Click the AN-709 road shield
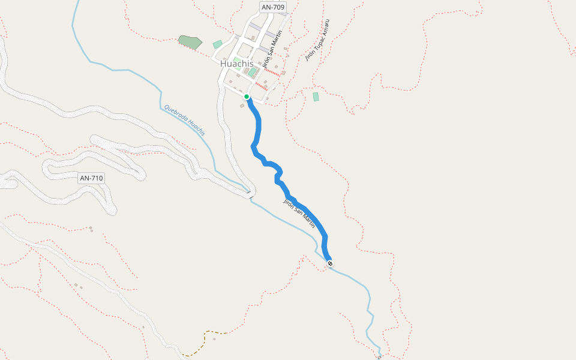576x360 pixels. (x=273, y=7)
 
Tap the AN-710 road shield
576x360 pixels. (x=92, y=178)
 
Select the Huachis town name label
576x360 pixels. (x=238, y=63)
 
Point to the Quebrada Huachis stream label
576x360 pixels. (x=184, y=120)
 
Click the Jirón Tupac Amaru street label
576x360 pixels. (x=317, y=40)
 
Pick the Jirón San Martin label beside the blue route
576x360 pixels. (x=299, y=213)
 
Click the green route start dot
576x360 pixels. (x=247, y=97)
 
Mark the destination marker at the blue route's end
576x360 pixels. (x=329, y=263)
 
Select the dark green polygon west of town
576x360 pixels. (x=190, y=41)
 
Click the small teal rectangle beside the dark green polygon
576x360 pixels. (x=217, y=44)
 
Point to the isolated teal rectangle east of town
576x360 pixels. (x=316, y=97)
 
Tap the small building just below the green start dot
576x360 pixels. (x=242, y=106)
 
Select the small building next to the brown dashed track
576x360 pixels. (x=214, y=339)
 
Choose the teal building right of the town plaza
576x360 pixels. (x=253, y=72)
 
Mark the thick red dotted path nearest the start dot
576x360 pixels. (x=261, y=86)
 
